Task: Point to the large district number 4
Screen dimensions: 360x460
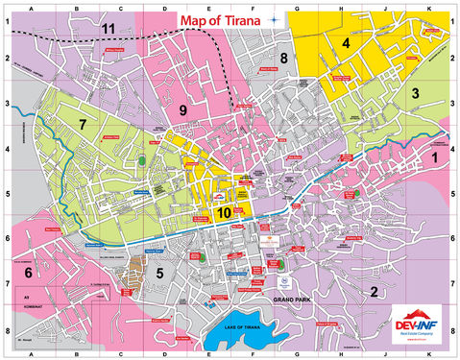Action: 345,43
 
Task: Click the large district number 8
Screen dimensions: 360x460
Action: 283,60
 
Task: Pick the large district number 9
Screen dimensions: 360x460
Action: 182,111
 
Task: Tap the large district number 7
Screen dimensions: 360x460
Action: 84,125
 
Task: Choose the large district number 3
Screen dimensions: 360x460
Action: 415,93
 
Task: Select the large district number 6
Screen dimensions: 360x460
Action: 29,273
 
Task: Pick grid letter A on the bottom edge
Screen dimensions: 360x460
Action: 32,353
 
